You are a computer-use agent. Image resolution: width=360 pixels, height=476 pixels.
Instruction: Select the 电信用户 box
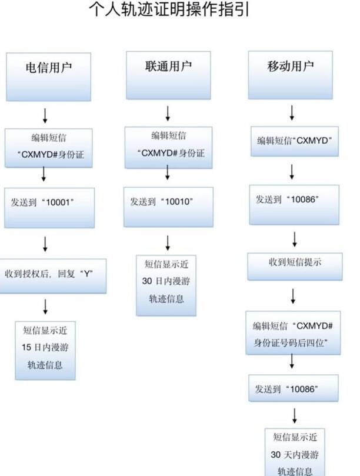click(x=48, y=75)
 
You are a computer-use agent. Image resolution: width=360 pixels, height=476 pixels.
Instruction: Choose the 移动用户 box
click(x=290, y=74)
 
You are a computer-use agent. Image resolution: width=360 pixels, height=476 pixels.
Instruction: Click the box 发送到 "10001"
click(x=48, y=208)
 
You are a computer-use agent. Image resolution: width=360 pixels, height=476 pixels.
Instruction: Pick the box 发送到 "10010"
click(x=168, y=207)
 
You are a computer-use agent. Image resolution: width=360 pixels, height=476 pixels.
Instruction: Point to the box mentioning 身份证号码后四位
click(x=293, y=333)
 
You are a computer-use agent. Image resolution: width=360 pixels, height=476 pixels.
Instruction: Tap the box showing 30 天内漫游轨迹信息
click(x=294, y=453)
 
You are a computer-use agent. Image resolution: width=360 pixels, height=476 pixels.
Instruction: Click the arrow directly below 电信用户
click(x=45, y=114)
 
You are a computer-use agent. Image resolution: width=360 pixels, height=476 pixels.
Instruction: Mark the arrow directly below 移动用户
click(x=292, y=113)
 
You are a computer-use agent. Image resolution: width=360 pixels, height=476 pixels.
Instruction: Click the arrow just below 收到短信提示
click(x=293, y=295)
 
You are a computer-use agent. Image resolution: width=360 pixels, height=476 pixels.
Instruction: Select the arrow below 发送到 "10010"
click(x=168, y=241)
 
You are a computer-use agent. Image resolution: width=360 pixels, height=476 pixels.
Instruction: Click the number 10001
click(x=60, y=202)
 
